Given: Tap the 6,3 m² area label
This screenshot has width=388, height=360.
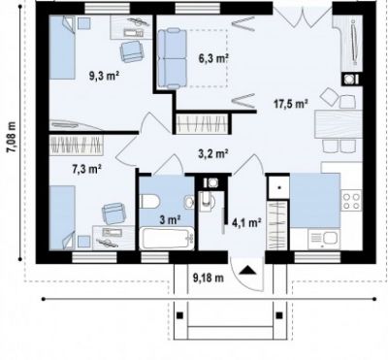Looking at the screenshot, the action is point(213,58).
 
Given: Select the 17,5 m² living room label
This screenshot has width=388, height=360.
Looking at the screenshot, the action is point(290,104).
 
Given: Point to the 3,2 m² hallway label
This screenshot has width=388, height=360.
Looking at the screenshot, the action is point(213,153).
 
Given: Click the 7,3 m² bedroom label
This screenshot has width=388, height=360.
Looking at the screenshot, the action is point(86,169).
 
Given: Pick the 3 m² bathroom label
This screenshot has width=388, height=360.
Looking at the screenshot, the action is point(170,220).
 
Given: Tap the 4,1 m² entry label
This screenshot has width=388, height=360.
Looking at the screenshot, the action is point(246,222).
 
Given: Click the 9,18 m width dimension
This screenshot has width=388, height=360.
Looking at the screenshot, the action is point(209,278).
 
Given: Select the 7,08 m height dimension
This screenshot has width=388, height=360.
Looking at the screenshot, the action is point(12,137).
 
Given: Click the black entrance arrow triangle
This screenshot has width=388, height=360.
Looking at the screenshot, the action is point(248,270).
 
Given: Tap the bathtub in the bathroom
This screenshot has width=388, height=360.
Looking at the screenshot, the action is point(168,239).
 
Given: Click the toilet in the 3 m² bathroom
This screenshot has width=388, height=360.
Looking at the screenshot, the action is point(149,201).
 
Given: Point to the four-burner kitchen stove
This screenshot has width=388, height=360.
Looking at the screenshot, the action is point(351,201).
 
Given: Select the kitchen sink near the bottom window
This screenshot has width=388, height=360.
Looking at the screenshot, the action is point(324,239).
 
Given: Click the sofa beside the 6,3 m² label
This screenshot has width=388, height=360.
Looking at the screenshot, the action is point(172,58).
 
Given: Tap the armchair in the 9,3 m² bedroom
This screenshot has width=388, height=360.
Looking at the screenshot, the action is point(131,51).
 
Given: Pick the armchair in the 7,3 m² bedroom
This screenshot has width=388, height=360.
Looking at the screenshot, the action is point(114,213).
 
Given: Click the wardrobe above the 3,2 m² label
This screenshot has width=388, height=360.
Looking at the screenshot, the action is point(203,123).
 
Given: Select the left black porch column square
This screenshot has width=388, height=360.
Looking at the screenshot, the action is point(180,315).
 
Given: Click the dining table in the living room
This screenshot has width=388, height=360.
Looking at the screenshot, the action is point(339,124).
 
